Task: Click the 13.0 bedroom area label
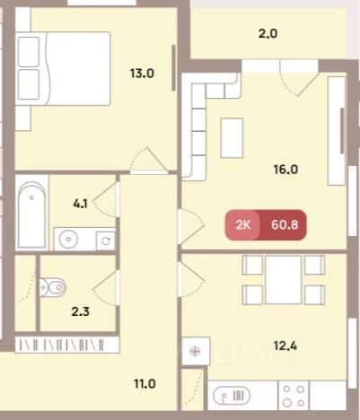click(x=142, y=74)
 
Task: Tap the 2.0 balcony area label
click(x=268, y=33)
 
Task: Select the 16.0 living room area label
click(x=285, y=170)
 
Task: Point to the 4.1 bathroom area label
click(x=80, y=204)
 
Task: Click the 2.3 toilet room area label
click(x=81, y=311)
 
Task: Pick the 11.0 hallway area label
click(x=145, y=383)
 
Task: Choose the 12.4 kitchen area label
click(x=285, y=346)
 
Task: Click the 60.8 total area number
click(x=285, y=224)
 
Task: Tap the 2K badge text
click(x=243, y=224)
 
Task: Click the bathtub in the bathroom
click(x=31, y=213)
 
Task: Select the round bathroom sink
click(x=69, y=239)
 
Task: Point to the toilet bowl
click(x=53, y=287)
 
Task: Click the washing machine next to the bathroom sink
click(x=105, y=241)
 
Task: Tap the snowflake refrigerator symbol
click(x=195, y=351)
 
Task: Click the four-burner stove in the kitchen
click(x=294, y=396)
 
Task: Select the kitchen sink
click(x=232, y=396)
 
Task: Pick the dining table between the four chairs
click(x=284, y=280)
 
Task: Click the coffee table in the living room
click(x=232, y=138)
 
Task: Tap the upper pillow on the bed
click(x=29, y=52)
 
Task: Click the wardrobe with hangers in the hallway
click(x=67, y=345)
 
